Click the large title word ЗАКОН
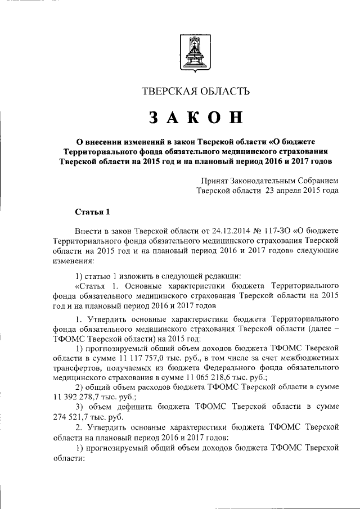pos(196,118)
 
